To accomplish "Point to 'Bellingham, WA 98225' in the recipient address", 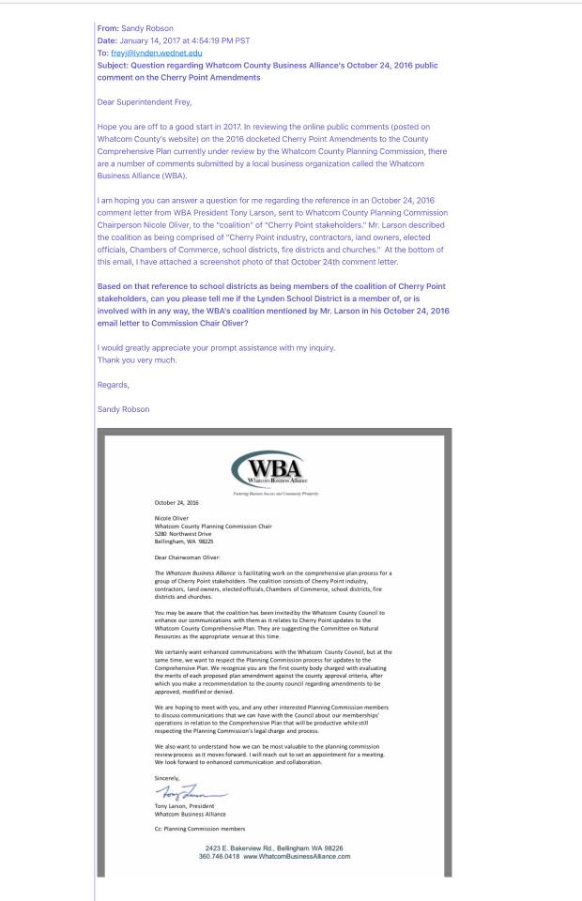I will pyautogui.click(x=184, y=541).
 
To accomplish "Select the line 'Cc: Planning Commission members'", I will pyautogui.click(x=200, y=828).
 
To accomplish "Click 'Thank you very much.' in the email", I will pyautogui.click(x=137, y=359).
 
